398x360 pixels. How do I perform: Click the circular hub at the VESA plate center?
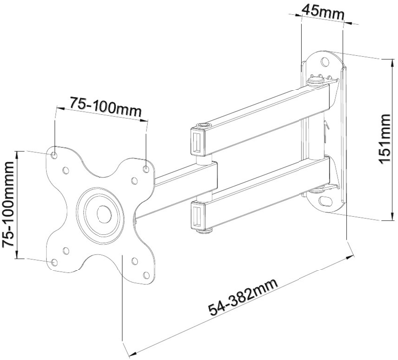click(x=101, y=212)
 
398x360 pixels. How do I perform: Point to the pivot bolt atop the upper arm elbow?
click(x=204, y=126)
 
